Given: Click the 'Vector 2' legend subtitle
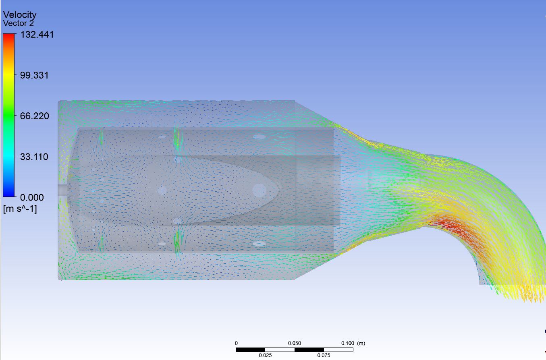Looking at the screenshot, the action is point(19,23).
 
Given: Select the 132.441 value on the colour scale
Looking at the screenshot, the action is point(37,35).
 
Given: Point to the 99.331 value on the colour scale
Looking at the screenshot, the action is point(34,75).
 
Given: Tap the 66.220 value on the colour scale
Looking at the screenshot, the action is point(35,116).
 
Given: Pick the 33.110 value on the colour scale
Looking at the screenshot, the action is point(34,157).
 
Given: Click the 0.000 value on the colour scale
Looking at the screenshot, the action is point(32,198).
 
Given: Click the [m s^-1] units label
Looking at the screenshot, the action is point(20,209).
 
